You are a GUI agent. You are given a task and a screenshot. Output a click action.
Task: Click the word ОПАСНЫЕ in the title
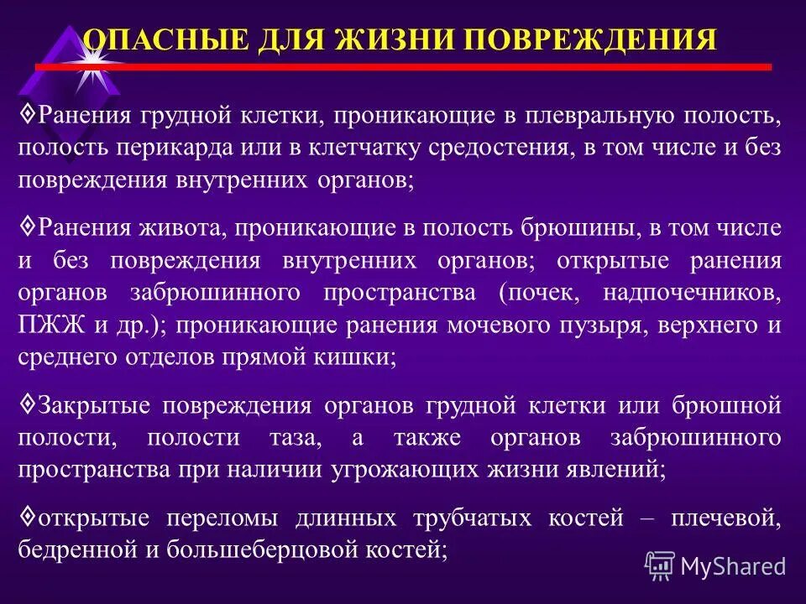pyautogui.click(x=154, y=39)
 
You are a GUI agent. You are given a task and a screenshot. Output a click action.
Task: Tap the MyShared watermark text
pyautogui.click(x=732, y=566)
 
